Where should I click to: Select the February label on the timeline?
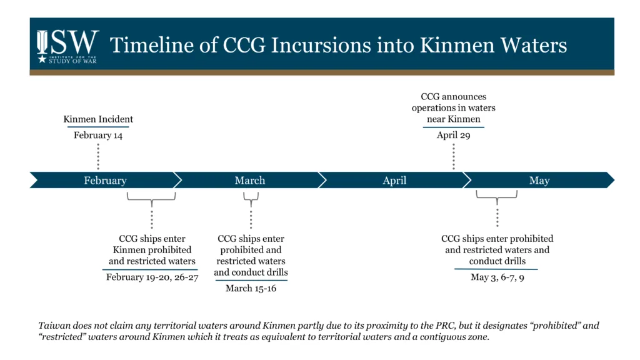pyautogui.click(x=105, y=181)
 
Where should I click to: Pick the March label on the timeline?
pyautogui.click(x=250, y=181)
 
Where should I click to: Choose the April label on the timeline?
pyautogui.click(x=394, y=181)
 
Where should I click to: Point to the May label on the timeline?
pyautogui.click(x=539, y=181)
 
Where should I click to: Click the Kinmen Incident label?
pyautogui.click(x=98, y=119)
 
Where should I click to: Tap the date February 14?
pyautogui.click(x=98, y=136)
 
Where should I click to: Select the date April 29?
pyautogui.click(x=453, y=135)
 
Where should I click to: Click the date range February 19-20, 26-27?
pyautogui.click(x=152, y=277)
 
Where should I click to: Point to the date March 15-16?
pyautogui.click(x=251, y=288)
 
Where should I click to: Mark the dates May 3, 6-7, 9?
pyautogui.click(x=497, y=277)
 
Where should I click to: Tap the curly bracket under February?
pyautogui.click(x=151, y=197)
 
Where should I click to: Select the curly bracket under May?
pyautogui.click(x=497, y=197)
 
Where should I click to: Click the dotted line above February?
pyautogui.click(x=98, y=156)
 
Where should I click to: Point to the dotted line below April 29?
pyautogui.click(x=453, y=156)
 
